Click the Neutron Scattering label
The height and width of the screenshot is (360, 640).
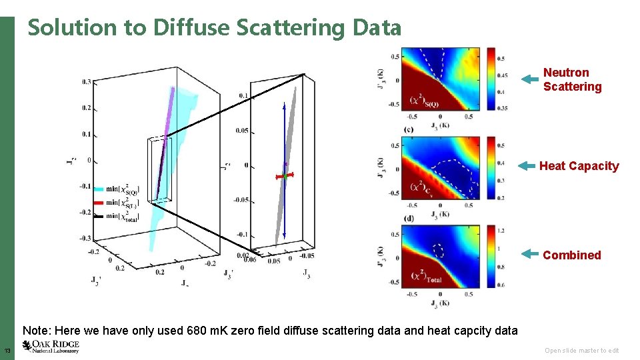572,79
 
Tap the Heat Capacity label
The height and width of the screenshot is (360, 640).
579,166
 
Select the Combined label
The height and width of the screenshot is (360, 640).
571,255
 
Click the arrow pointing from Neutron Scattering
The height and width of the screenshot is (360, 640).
529,79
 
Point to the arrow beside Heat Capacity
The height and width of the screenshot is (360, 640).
527,166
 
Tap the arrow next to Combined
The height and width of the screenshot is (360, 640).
529,254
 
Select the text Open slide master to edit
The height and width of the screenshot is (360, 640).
581,351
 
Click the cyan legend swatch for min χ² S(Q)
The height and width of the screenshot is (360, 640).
101,189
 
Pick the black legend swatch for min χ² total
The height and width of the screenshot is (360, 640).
101,217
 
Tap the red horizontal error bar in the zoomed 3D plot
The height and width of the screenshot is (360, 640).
285,176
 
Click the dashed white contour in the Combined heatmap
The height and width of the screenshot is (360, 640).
438,251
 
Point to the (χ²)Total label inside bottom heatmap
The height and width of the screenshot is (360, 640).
427,277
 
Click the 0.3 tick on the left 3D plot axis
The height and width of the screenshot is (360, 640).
87,82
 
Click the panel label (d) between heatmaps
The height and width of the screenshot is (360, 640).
408,218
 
